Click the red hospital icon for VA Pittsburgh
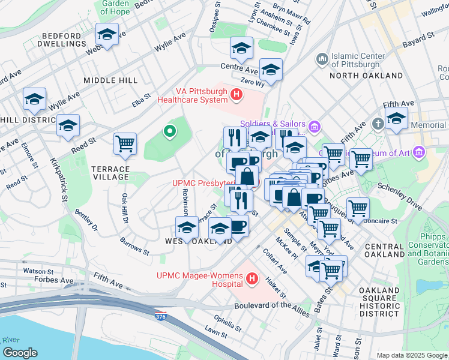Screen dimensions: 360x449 [x=237, y=94]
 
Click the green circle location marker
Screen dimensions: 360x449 [x=170, y=130]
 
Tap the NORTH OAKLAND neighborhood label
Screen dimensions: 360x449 [x=366, y=76]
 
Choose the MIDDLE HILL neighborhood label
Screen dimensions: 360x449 [x=110, y=80]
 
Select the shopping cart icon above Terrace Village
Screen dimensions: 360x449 [x=125, y=144]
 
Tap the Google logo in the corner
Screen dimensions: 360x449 [x=19, y=353]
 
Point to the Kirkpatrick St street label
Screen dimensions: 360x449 [x=62, y=178]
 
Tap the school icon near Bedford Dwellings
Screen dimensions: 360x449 [x=107, y=35]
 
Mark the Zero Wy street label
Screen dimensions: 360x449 [x=252, y=83]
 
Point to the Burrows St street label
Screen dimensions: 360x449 [x=134, y=245]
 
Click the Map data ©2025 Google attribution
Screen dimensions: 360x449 [x=411, y=355]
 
